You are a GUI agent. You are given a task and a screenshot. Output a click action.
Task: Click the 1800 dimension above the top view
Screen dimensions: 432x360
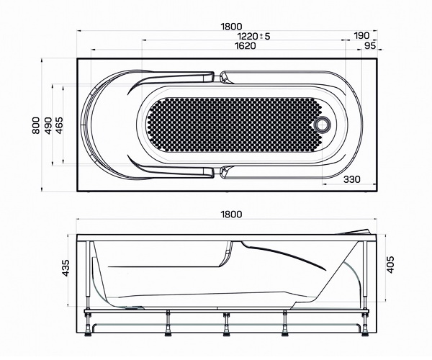click(x=231, y=27)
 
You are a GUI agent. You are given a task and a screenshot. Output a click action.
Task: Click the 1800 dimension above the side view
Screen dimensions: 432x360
click(x=231, y=214)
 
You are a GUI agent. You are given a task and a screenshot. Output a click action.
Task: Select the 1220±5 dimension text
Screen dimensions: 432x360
click(x=253, y=36)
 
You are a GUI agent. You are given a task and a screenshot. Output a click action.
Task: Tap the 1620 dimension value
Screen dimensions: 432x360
click(x=246, y=45)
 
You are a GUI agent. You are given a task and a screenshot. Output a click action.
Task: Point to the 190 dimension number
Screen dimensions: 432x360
click(x=361, y=35)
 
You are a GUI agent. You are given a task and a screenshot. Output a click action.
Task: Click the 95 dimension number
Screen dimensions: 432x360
click(x=370, y=45)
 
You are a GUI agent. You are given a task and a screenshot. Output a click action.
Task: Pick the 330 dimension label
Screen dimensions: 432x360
click(x=352, y=179)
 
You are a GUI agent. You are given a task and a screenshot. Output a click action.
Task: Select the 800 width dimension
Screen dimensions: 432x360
click(x=36, y=125)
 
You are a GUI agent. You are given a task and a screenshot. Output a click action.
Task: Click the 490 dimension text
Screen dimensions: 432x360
click(x=48, y=125)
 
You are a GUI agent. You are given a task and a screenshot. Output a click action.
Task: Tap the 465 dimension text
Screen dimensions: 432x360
click(x=59, y=125)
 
